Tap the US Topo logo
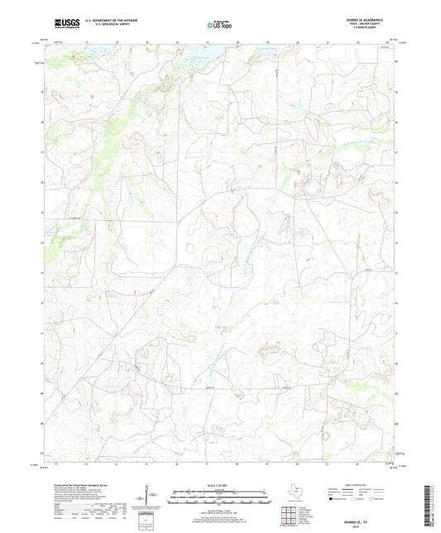[220, 22]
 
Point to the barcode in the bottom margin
[431, 505]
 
